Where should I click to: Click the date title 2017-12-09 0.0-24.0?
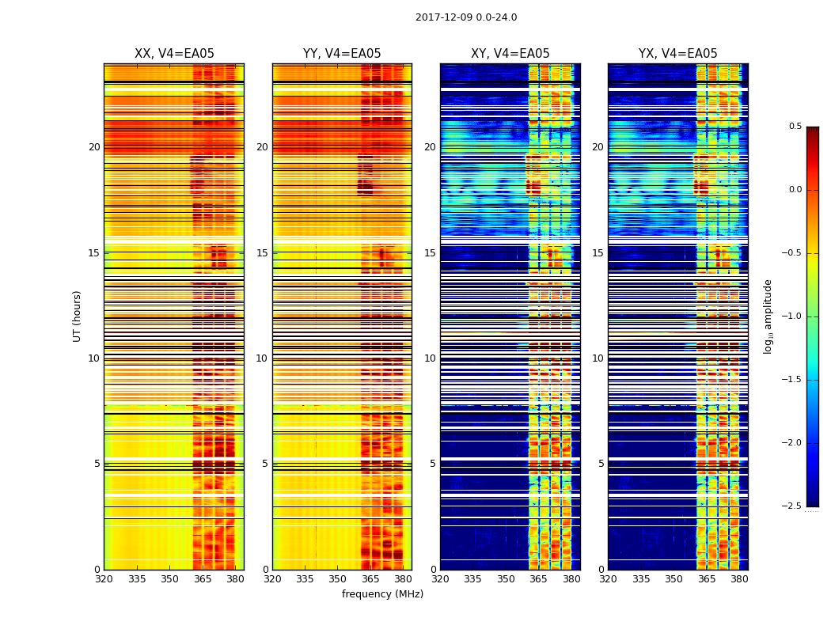point(466,17)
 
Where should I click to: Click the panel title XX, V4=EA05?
point(174,54)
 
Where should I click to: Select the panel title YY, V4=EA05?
point(342,54)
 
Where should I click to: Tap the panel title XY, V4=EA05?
point(510,54)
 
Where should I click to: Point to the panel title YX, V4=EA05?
point(678,54)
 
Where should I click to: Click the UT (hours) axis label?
point(78,316)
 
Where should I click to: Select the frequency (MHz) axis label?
point(382,594)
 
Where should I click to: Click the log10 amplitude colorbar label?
point(768,316)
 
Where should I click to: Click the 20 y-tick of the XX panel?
point(94,147)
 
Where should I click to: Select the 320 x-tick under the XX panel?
point(104,579)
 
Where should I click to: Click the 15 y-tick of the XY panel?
point(431,252)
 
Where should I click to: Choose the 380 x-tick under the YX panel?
point(739,579)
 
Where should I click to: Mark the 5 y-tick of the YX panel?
point(601,464)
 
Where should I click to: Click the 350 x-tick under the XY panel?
point(506,579)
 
